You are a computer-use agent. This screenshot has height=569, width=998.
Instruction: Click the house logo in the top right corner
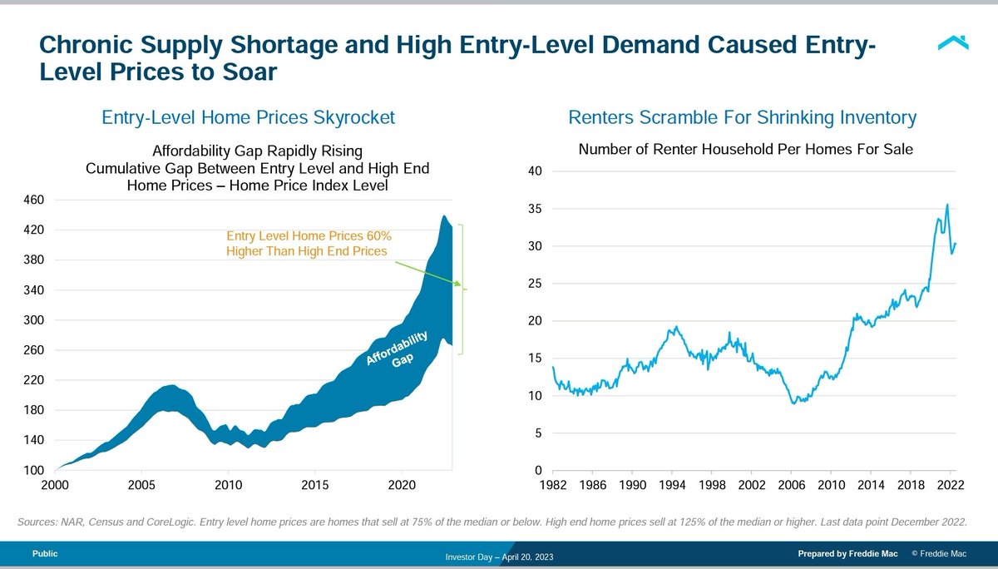point(952,42)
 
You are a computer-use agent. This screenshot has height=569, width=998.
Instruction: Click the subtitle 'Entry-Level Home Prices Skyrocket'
point(248,118)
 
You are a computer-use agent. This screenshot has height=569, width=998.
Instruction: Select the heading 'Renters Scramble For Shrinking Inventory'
point(742,118)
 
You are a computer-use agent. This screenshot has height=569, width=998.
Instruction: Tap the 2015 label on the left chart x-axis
point(314,485)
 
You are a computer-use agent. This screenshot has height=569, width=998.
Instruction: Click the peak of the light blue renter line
point(946,205)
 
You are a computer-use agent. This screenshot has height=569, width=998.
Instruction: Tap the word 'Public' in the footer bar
point(45,553)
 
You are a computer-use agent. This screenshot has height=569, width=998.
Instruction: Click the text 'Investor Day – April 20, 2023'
point(499,556)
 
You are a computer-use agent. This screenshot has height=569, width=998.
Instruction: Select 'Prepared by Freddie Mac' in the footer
point(847,553)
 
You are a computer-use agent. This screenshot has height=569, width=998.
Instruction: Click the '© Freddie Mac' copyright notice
point(941,553)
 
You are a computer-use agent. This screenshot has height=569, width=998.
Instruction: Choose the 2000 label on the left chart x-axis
point(56,485)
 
